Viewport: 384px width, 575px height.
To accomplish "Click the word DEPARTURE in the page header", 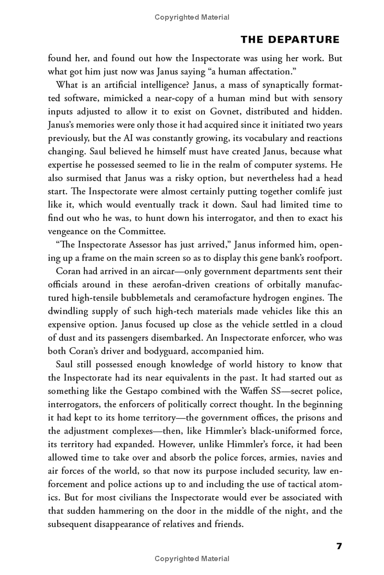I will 309,40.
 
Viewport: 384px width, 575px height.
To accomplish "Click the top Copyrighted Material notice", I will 192,17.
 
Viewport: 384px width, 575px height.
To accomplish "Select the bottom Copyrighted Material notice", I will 192,558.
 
